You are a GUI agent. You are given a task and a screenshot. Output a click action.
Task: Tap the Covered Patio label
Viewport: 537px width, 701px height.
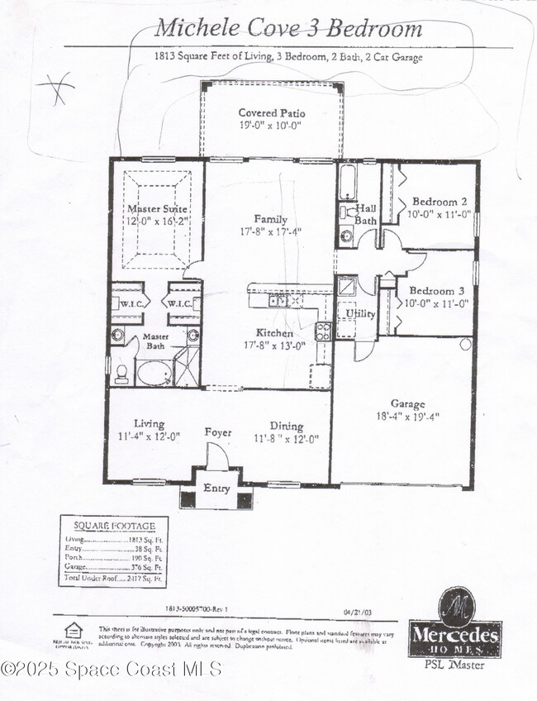271,113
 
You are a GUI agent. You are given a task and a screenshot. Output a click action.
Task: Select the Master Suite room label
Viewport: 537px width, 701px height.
157,209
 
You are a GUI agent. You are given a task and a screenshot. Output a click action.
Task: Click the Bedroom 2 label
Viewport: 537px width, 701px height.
440,201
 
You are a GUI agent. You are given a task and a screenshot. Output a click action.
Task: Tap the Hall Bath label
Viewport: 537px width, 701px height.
366,215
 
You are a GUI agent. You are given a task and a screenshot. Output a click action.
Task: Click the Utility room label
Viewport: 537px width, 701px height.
361,314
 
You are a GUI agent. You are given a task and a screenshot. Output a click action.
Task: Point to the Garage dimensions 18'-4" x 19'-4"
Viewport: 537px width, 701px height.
407,417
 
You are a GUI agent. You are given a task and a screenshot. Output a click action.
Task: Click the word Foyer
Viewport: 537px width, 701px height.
218,433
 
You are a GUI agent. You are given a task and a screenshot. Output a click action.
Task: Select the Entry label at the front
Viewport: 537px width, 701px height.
216,489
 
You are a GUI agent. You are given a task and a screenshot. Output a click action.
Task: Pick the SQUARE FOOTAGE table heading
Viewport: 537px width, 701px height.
113,526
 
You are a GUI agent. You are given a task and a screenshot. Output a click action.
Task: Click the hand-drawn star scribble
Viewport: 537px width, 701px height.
55,88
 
